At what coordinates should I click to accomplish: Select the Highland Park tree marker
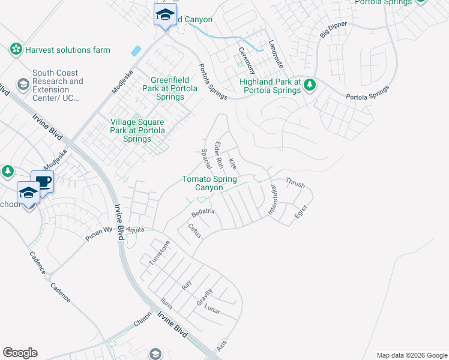(x=310, y=85)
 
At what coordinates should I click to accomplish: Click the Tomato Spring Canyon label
(x=209, y=183)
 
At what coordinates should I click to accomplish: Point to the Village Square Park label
(x=137, y=130)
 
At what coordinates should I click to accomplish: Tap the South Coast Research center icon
(x=23, y=83)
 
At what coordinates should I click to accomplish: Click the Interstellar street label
(x=273, y=200)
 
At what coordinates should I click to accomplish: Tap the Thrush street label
(x=295, y=182)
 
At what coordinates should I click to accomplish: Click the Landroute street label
(x=276, y=52)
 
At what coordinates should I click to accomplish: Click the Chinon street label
(x=142, y=322)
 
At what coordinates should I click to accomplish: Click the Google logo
(x=20, y=353)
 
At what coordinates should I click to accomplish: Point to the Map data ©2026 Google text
(x=411, y=355)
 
